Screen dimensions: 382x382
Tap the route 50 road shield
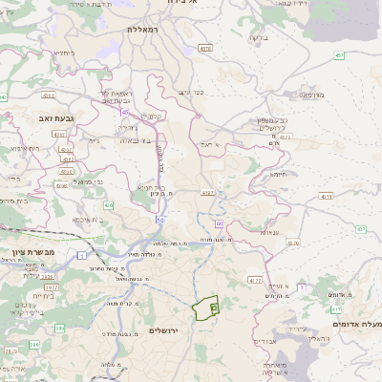(160, 220)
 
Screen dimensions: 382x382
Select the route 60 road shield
(220, 223)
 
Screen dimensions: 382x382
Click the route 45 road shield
(124, 112)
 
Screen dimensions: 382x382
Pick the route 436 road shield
(109, 205)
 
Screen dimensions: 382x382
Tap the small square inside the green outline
(214, 308)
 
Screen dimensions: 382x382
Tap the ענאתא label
(269, 231)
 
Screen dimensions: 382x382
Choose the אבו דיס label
(268, 340)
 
